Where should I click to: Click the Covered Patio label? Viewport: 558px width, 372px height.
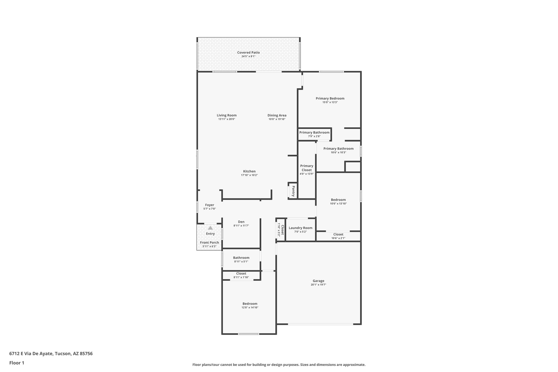[x=248, y=53]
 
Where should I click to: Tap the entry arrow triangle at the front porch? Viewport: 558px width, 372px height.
[x=210, y=228]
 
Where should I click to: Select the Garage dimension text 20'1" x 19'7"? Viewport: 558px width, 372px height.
[x=318, y=285]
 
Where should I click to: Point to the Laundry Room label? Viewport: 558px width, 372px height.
[x=301, y=228]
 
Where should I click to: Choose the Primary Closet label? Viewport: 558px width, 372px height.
[x=307, y=168]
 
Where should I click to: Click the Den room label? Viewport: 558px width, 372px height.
[x=241, y=222]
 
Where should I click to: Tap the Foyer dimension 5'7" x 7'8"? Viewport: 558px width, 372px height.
[x=210, y=209]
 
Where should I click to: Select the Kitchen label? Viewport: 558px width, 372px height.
[x=249, y=171]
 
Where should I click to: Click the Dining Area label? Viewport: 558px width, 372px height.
[x=277, y=115]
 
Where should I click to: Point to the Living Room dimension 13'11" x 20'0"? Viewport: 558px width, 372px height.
[x=226, y=119]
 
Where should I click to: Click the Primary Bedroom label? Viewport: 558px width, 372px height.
[x=330, y=98]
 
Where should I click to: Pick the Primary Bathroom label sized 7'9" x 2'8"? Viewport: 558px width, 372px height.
[x=314, y=132]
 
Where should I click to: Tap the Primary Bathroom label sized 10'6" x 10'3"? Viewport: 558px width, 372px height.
[x=338, y=149]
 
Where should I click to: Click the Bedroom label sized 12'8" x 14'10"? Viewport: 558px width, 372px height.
[x=250, y=304]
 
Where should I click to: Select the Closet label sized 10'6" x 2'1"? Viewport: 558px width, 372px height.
[x=338, y=234]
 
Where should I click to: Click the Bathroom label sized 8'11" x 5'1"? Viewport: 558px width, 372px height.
[x=241, y=258]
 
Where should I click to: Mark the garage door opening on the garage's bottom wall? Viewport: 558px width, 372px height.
[x=320, y=324]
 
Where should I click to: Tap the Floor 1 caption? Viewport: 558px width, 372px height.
[x=17, y=363]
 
